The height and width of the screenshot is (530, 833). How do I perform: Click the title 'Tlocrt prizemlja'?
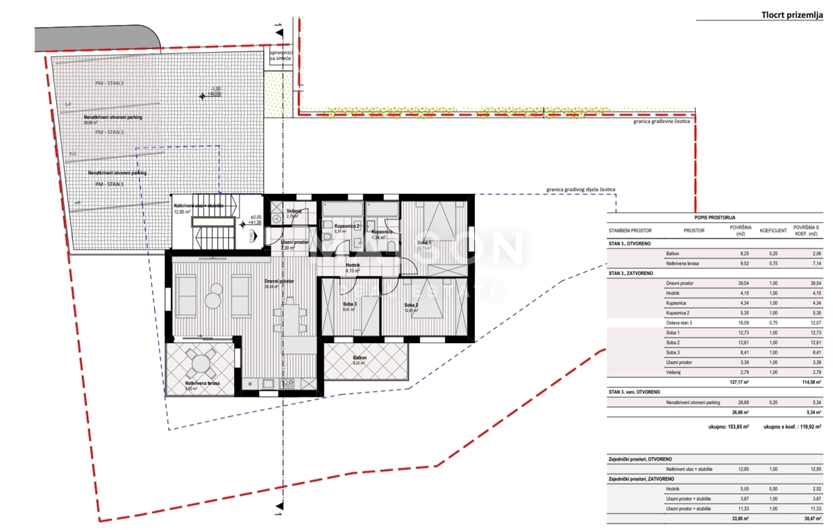tap(791, 14)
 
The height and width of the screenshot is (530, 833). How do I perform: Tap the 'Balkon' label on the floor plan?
tap(360, 358)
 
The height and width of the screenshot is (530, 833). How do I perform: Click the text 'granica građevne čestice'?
tap(661, 121)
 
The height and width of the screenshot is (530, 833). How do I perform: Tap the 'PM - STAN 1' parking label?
tap(110, 184)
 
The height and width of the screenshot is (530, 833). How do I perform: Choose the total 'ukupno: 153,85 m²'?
tap(726, 428)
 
